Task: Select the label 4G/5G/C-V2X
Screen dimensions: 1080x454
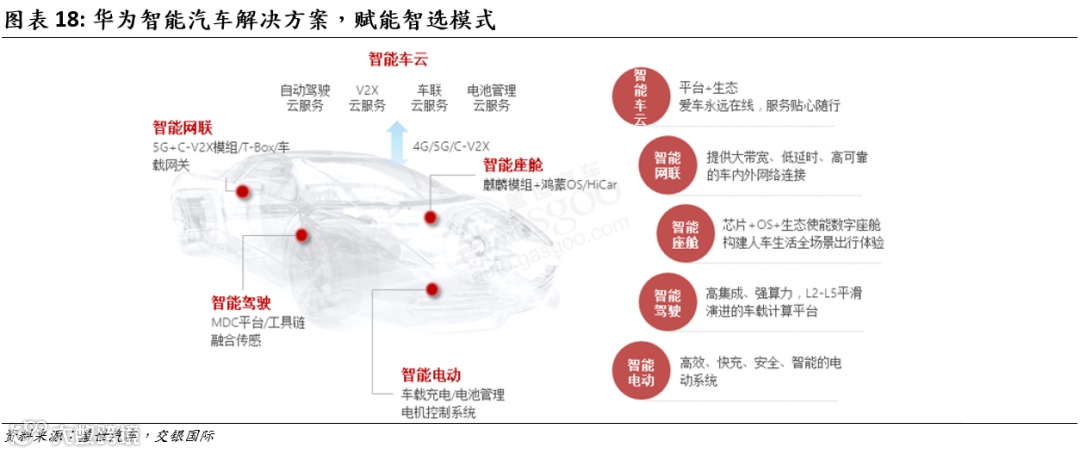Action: tap(451, 146)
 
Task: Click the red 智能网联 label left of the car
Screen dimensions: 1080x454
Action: tap(183, 128)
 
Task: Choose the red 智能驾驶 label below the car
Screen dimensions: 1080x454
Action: tap(241, 302)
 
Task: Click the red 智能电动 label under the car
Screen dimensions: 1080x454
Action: tap(431, 375)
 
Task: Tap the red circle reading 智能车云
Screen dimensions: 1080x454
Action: tap(640, 97)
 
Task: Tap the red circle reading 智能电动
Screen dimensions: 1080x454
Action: tap(641, 372)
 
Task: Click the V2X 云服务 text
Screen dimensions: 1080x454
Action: tap(366, 98)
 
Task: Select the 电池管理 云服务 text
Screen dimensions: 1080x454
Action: tap(491, 98)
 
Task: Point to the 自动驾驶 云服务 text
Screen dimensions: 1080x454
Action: tap(305, 98)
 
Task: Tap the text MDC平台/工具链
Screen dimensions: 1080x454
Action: tap(258, 322)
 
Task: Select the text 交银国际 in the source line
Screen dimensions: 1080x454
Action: tap(185, 436)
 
